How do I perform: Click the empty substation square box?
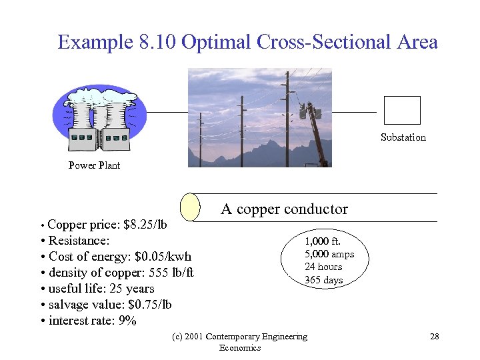coord(402,110)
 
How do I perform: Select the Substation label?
coord(403,137)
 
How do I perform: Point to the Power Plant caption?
coord(94,165)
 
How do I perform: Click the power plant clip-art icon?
coord(100,121)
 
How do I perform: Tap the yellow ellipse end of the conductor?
coord(191,207)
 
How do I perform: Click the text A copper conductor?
coord(284,209)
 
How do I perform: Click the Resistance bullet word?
coord(79,241)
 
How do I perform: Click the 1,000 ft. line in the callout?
coord(323,241)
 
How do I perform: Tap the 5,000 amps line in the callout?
coord(329,254)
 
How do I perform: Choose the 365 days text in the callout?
coord(323,280)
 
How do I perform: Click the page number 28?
coord(434,337)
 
